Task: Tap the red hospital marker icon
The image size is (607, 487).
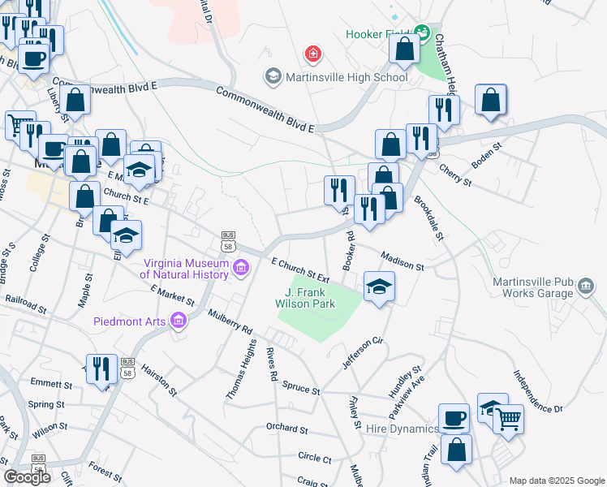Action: click(x=312, y=55)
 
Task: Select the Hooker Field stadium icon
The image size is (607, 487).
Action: click(x=421, y=33)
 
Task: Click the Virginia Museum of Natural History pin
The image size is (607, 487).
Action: click(x=241, y=268)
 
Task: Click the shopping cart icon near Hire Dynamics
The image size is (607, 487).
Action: click(x=509, y=419)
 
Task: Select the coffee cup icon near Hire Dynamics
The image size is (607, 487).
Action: click(x=454, y=417)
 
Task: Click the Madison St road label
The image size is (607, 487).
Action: click(x=401, y=261)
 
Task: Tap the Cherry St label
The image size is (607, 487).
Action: click(x=455, y=175)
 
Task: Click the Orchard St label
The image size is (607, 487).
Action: click(x=287, y=429)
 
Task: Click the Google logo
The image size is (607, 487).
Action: click(x=27, y=477)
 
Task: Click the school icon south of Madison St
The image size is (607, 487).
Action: click(x=379, y=287)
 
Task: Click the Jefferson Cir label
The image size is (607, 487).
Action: click(x=362, y=353)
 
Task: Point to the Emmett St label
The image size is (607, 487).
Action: click(x=47, y=383)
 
